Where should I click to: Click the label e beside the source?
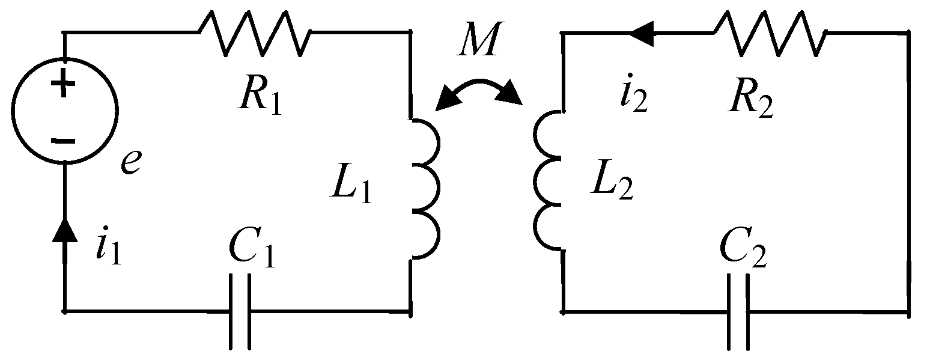pyautogui.click(x=131, y=162)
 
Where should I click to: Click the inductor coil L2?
pyautogui.click(x=548, y=180)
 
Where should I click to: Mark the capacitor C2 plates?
pyautogui.click(x=738, y=311)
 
